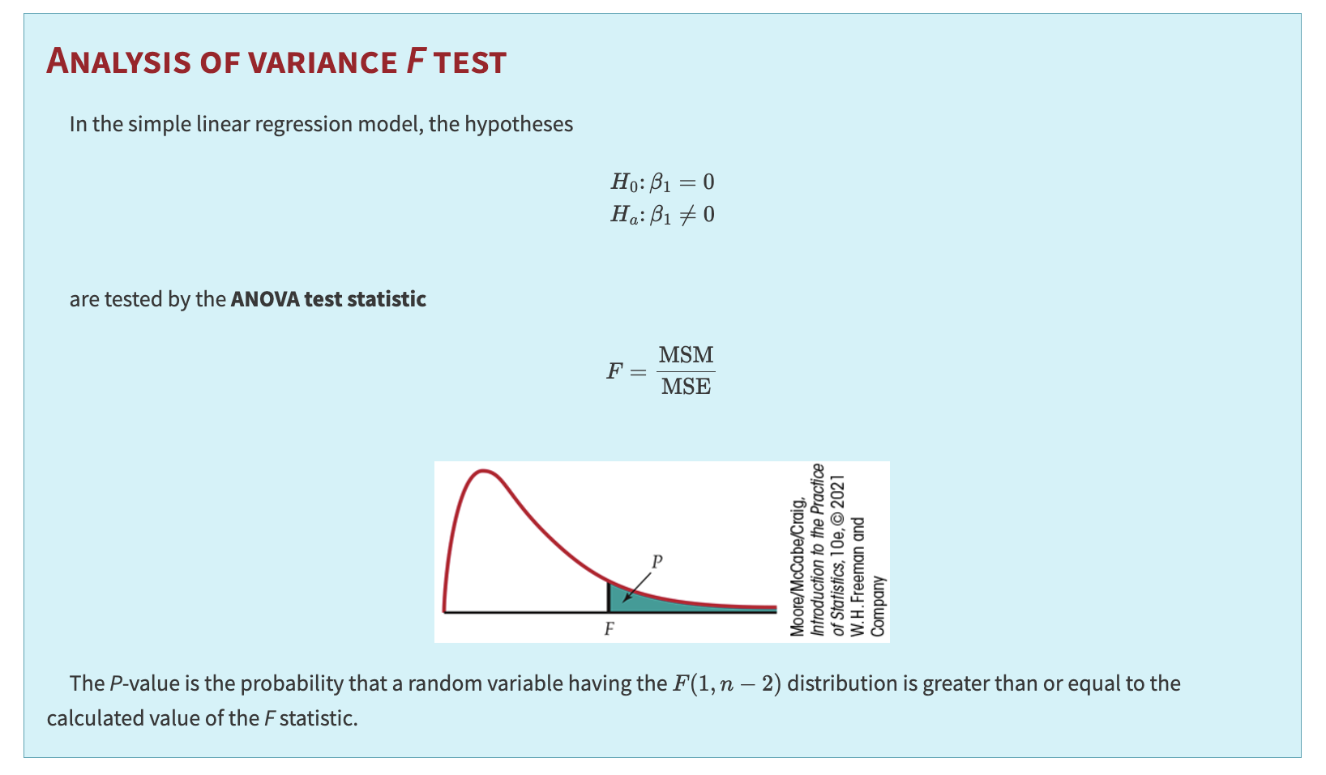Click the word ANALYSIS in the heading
(118, 61)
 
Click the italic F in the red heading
(416, 61)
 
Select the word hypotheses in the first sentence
(519, 124)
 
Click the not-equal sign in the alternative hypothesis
(687, 214)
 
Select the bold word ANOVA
(266, 299)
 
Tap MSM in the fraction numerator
(686, 354)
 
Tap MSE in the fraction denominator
(686, 387)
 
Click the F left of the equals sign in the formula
(614, 371)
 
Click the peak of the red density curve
(484, 471)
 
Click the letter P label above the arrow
(657, 561)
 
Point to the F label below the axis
(610, 628)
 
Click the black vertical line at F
(608, 597)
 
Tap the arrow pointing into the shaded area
(636, 587)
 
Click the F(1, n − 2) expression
(726, 684)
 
